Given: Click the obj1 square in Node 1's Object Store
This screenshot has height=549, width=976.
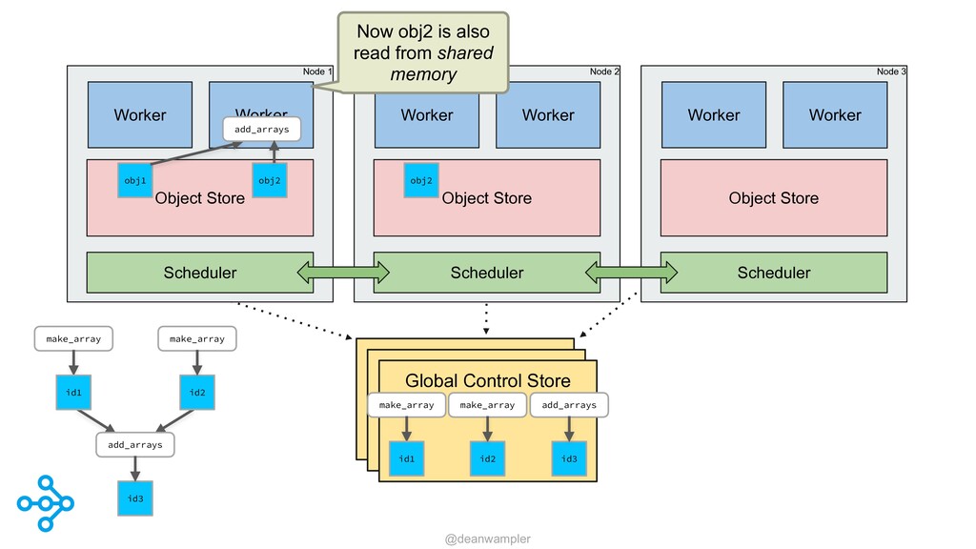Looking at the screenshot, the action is [x=135, y=180].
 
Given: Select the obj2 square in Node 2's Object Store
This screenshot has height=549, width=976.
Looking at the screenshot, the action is [x=421, y=180].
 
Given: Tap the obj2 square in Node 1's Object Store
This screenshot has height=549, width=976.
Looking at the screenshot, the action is [x=270, y=180].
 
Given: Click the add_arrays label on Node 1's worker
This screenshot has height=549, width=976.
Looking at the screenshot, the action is [x=261, y=130].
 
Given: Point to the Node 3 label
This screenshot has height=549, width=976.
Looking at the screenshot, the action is [x=891, y=71].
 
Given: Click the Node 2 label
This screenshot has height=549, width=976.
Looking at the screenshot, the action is [x=604, y=71].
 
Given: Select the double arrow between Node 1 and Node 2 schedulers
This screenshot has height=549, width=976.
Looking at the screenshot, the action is [x=343, y=272].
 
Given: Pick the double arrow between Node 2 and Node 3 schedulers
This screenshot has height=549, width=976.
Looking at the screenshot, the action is [x=631, y=272].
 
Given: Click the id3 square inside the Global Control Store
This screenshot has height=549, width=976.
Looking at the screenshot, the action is [x=569, y=458].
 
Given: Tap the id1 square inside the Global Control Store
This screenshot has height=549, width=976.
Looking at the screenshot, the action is [x=406, y=458].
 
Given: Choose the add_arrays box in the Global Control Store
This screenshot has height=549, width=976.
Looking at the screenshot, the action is [x=569, y=404].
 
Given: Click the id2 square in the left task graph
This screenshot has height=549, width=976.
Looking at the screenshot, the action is [x=197, y=392].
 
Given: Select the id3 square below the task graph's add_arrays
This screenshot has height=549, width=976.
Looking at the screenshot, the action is [x=135, y=498].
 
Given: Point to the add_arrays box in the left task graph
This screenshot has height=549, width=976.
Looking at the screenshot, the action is [x=135, y=444].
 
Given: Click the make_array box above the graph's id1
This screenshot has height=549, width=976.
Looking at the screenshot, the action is [x=73, y=338].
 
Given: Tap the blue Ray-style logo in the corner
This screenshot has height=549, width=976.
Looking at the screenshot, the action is [x=46, y=503].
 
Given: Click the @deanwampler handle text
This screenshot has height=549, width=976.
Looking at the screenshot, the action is [x=488, y=539].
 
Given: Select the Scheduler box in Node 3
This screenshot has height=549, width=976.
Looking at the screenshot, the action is [x=774, y=272].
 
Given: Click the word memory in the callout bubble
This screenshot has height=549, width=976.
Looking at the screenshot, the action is [x=423, y=74].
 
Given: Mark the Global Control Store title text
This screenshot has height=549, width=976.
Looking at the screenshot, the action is [x=488, y=380].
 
